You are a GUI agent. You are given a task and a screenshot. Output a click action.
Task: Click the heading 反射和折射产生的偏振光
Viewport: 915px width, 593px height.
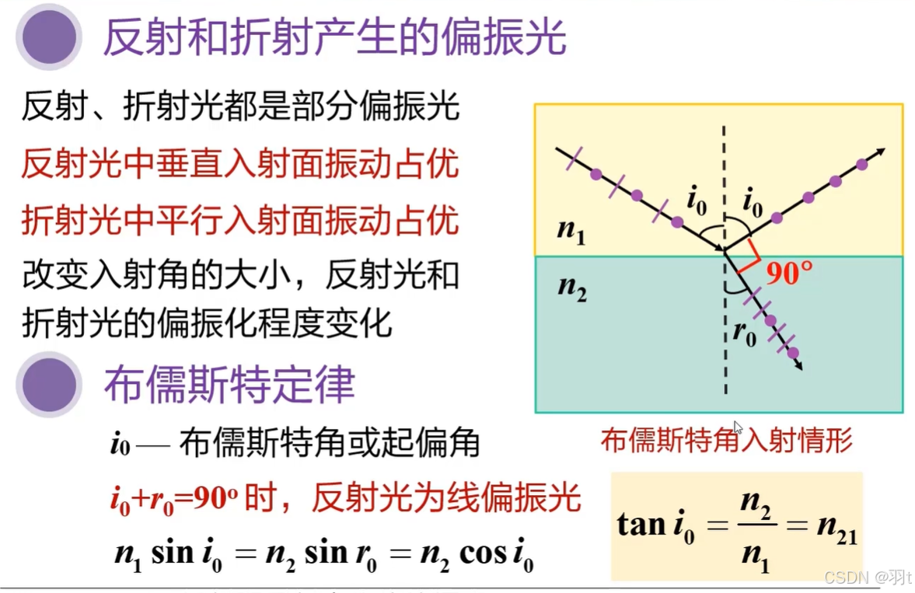tap(334, 37)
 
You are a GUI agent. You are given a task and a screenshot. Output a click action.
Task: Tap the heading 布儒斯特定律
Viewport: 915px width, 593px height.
tap(229, 384)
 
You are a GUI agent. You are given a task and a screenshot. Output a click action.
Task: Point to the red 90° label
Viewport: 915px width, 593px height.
tap(789, 274)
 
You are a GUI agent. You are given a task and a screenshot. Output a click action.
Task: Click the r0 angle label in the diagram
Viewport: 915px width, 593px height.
tap(744, 333)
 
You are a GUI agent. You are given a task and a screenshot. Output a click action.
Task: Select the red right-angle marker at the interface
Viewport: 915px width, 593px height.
tap(748, 257)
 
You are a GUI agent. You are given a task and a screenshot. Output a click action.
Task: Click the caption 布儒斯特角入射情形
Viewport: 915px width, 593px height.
tap(726, 441)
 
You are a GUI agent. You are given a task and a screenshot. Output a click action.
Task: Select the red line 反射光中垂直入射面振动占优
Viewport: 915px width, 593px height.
tap(240, 165)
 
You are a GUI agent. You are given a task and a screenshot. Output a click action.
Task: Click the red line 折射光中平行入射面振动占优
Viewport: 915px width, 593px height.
tap(240, 222)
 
